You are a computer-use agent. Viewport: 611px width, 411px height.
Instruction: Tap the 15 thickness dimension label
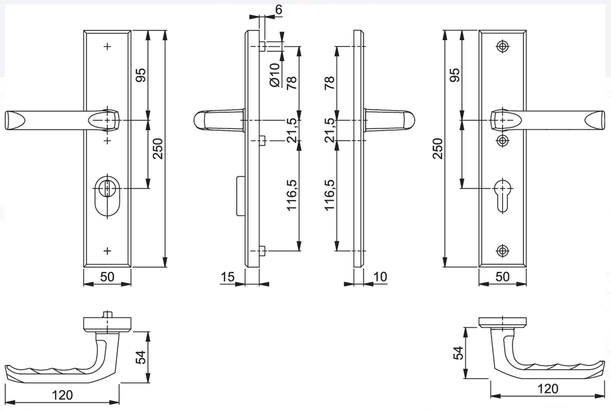[x=227, y=277]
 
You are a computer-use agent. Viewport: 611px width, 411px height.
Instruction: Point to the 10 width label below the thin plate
[x=380, y=277]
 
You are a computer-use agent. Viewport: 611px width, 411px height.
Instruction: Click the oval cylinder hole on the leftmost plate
[x=107, y=195]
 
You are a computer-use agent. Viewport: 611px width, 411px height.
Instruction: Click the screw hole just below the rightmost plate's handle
[x=503, y=140]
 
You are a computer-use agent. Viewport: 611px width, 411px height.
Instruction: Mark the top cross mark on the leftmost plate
[x=107, y=46]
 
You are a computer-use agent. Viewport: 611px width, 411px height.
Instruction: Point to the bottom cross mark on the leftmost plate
[x=107, y=250]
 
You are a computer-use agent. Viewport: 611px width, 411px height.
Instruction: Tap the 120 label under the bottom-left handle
[x=62, y=395]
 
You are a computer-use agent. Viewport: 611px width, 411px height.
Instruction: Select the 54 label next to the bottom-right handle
[x=458, y=353]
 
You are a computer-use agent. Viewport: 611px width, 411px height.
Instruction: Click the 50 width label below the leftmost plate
[x=107, y=277]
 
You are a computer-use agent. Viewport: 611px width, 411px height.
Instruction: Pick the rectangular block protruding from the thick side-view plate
[x=240, y=196]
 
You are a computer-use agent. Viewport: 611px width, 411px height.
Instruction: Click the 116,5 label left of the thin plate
[x=329, y=195]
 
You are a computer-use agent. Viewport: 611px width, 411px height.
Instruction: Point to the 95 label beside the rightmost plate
[x=454, y=75]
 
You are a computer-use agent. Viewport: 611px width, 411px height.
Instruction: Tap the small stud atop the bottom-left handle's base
[x=107, y=314]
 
